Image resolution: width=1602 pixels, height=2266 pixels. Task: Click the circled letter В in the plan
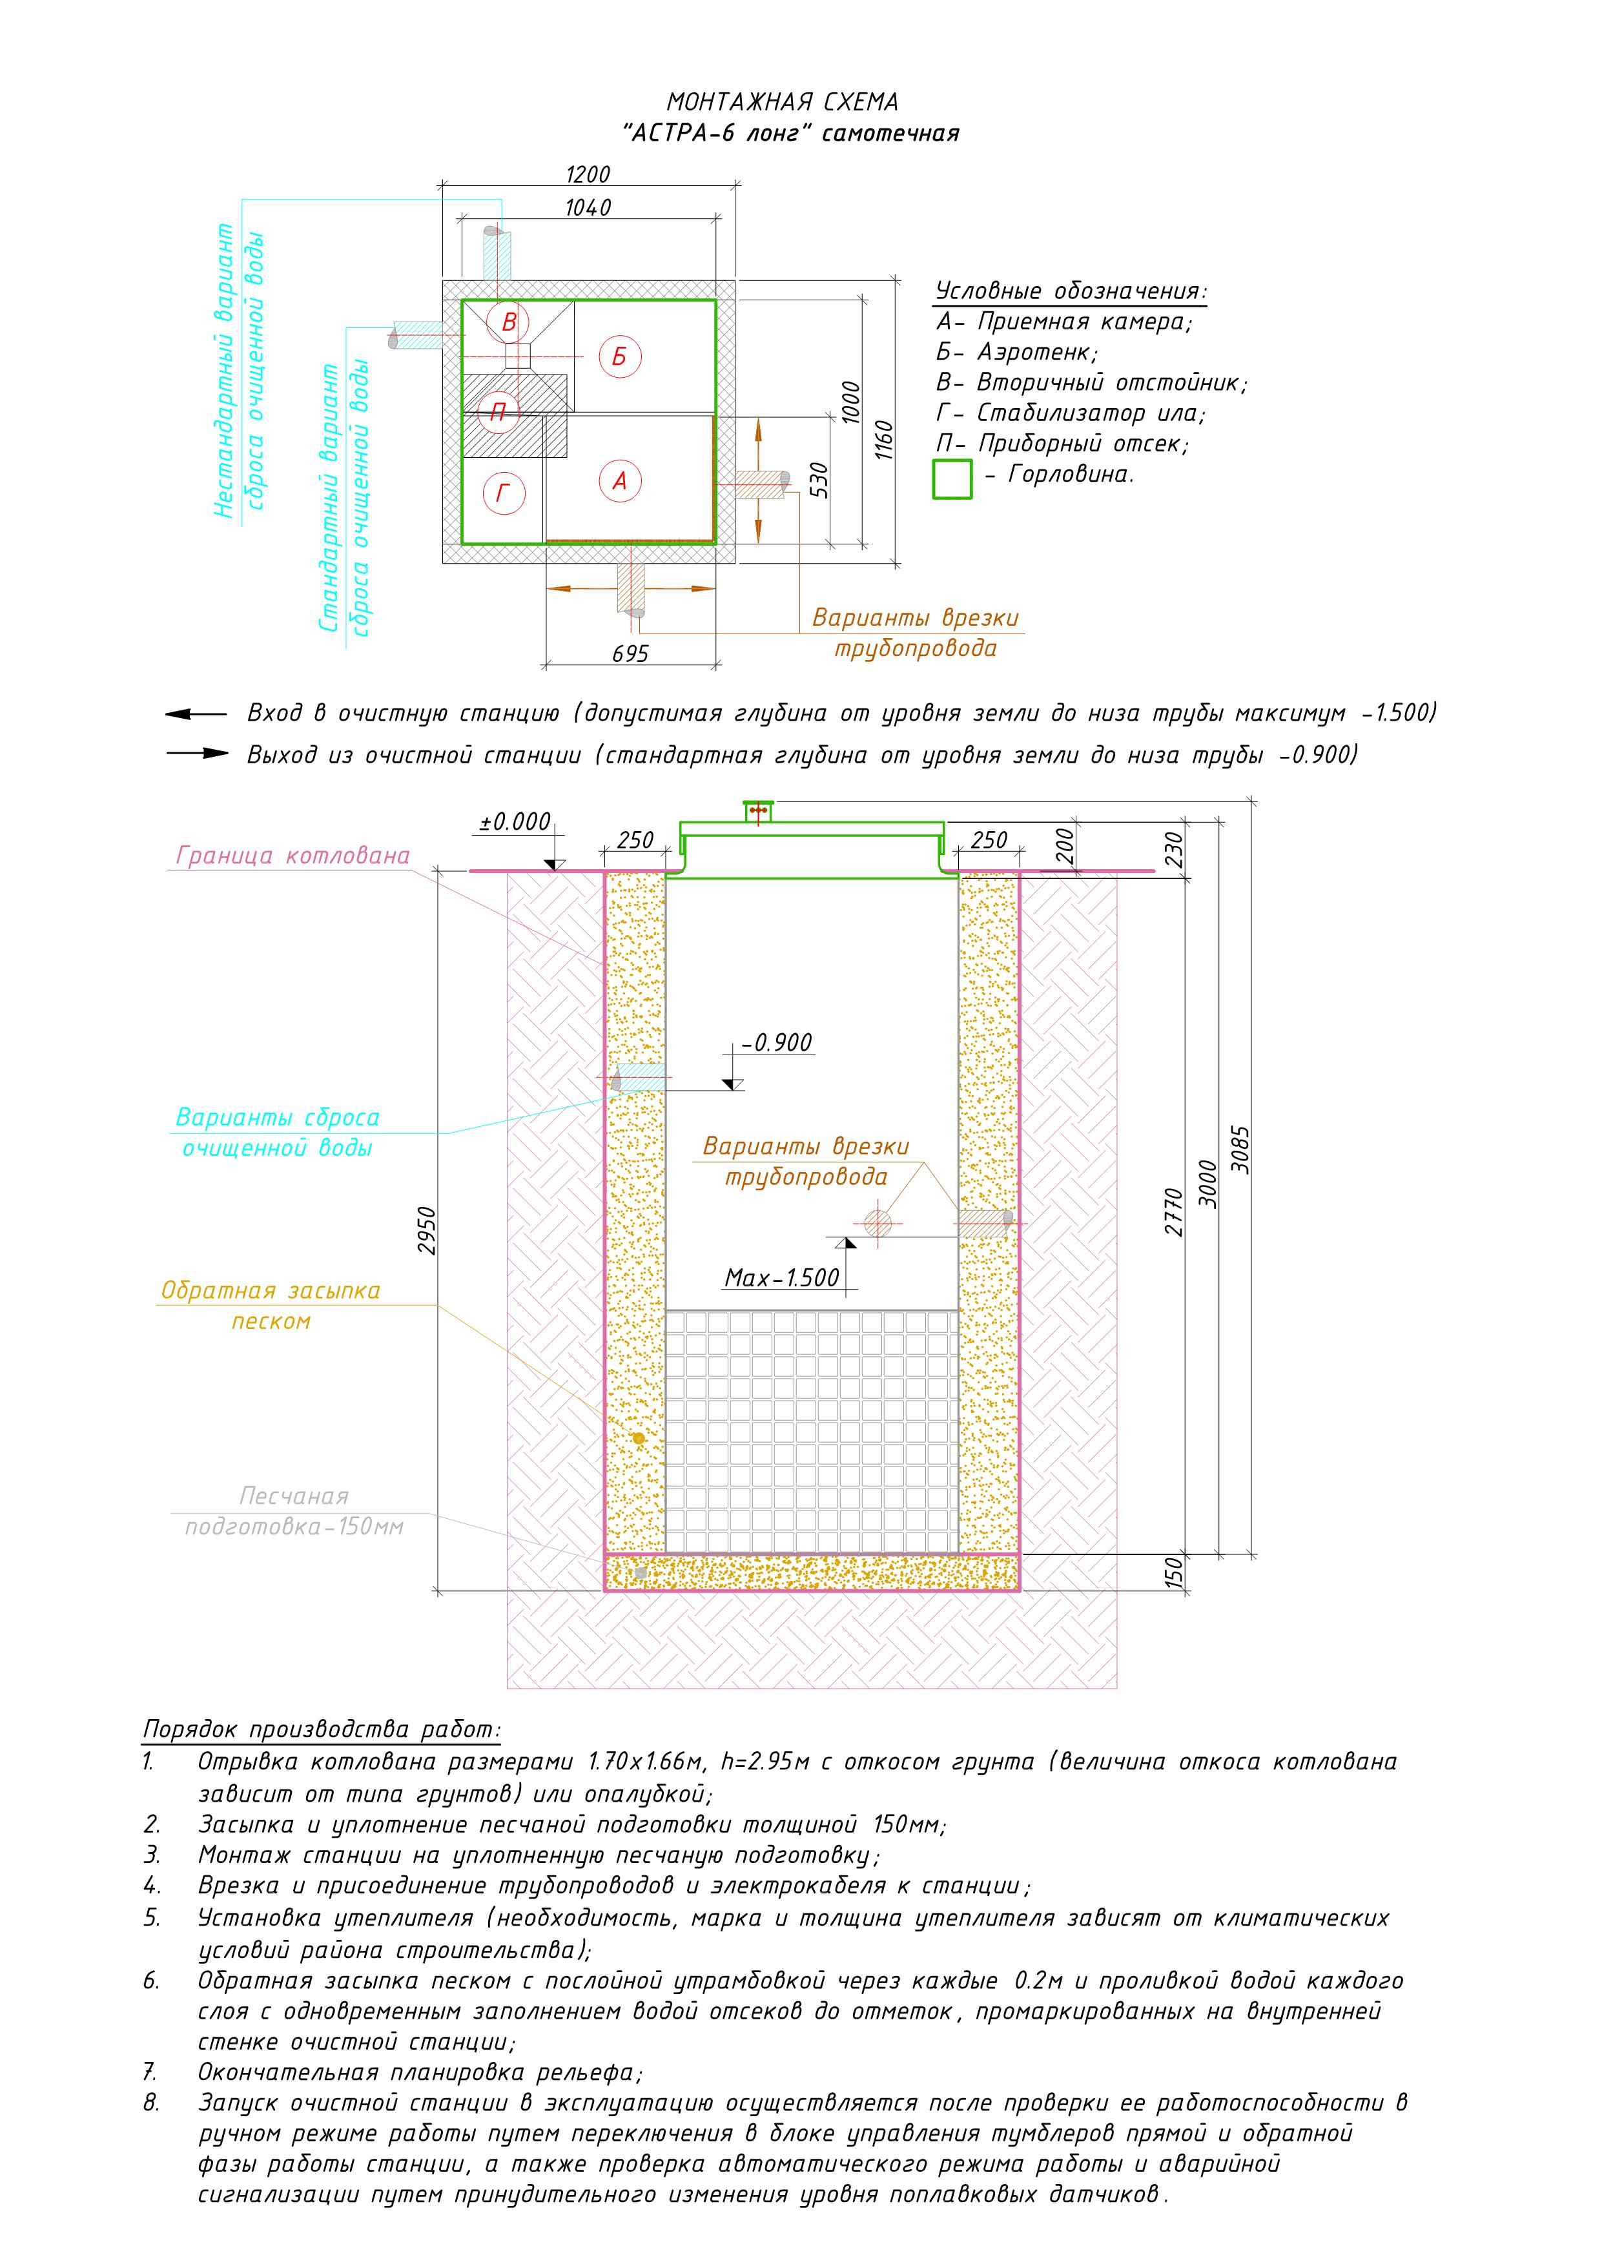(509, 322)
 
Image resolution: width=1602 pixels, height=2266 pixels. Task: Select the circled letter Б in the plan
(620, 356)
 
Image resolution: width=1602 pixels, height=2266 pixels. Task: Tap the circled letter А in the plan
(620, 480)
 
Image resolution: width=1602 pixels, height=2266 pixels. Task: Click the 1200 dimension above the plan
(588, 175)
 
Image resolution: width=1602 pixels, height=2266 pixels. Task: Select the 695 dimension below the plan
(631, 654)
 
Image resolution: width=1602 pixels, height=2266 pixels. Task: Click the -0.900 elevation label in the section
(778, 1043)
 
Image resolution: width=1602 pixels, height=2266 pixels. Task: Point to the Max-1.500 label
(782, 1278)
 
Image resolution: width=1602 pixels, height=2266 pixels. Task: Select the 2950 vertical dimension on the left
(426, 1231)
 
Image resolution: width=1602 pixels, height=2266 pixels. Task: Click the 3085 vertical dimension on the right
(1241, 1149)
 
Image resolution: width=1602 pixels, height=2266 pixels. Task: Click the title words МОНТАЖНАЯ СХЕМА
(783, 101)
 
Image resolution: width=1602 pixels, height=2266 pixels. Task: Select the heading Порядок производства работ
(322, 1729)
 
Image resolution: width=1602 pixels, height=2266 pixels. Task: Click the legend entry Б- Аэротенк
(1017, 353)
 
